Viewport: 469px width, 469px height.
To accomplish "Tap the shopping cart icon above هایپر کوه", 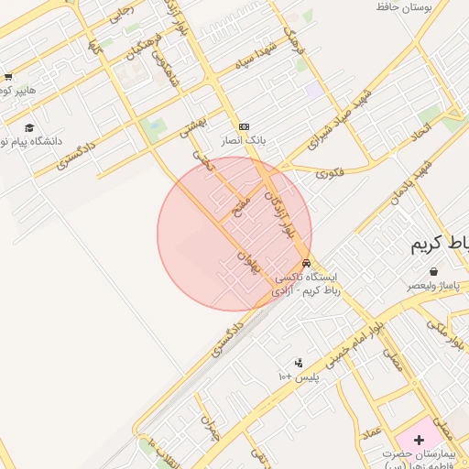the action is (x=8, y=77).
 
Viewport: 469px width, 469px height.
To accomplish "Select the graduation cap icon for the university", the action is (x=29, y=128).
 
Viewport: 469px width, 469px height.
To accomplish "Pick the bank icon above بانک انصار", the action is (x=244, y=126).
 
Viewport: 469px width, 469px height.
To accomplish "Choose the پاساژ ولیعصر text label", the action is (x=432, y=286).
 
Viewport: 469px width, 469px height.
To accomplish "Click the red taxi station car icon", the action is (x=306, y=263).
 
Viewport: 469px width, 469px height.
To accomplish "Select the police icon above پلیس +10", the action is (x=298, y=363).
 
